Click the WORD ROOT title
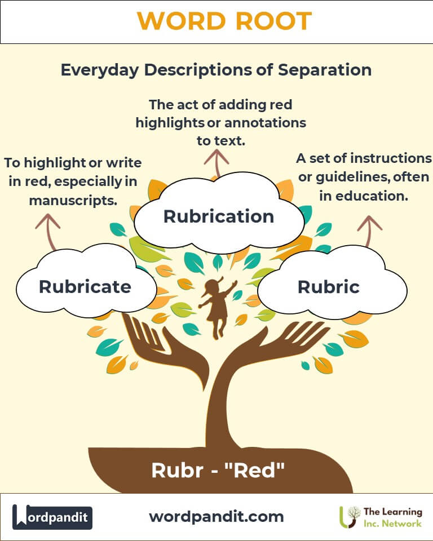tap(224, 21)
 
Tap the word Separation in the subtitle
tap(325, 70)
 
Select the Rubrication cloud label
tap(219, 216)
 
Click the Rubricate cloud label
tap(85, 287)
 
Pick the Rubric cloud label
tap(328, 287)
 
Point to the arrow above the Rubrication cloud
tap(216, 163)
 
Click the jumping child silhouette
tap(218, 308)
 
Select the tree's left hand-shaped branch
tap(166, 348)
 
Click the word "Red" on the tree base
tap(254, 470)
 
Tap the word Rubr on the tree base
tap(177, 470)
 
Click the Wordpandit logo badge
tap(52, 517)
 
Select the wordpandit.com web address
tap(216, 517)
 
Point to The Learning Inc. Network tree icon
tap(349, 517)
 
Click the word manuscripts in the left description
tap(73, 201)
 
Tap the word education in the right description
tap(372, 196)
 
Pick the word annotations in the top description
tap(265, 123)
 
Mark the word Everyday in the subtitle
tap(100, 70)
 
